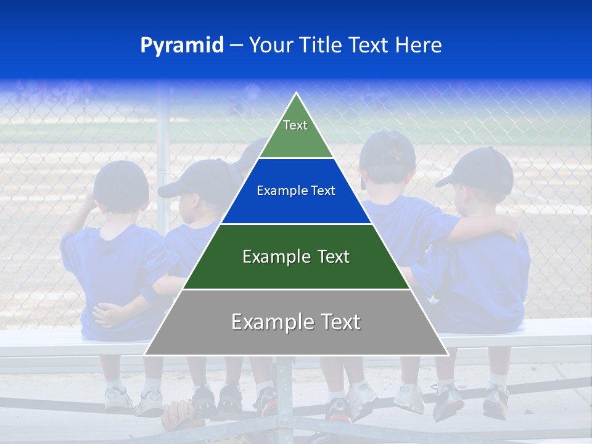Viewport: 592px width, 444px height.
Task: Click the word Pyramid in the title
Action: (182, 46)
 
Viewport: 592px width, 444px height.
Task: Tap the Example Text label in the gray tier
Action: (296, 322)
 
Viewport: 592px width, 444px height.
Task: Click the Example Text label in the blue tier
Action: (296, 191)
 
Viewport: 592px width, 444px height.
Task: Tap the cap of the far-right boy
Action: (481, 168)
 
